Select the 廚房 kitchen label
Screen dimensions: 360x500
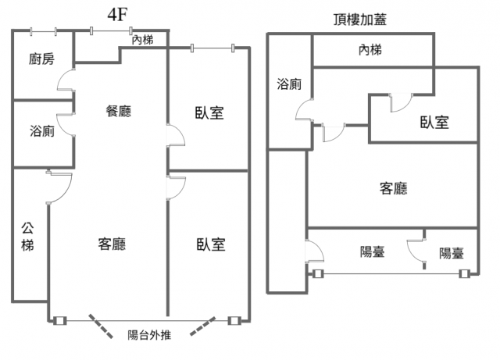pos(41,59)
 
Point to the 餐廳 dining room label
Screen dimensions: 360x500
pos(118,111)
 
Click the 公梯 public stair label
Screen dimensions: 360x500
pos(27,236)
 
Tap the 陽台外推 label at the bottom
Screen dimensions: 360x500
pos(154,336)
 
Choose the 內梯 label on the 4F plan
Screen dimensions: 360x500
pos(142,40)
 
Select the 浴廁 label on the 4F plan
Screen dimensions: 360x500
pos(41,131)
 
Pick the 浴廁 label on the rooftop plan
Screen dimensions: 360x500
pos(289,84)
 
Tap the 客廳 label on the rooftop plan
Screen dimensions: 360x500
pos(393,188)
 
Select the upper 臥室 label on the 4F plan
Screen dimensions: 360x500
pos(209,113)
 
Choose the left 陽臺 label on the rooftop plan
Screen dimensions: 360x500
pos(372,251)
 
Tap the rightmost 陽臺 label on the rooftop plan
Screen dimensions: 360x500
pos(451,253)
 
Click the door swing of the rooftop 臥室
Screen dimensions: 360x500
pos(399,102)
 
